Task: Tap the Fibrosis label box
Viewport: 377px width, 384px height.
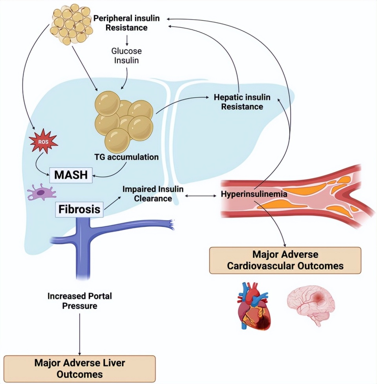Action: (x=79, y=209)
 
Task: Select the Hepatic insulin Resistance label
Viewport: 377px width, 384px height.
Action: (x=242, y=101)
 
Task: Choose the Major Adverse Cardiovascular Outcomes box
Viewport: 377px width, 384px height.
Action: (x=285, y=260)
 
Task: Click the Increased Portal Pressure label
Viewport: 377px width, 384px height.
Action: (x=80, y=300)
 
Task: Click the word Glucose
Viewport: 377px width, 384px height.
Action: (x=126, y=51)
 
